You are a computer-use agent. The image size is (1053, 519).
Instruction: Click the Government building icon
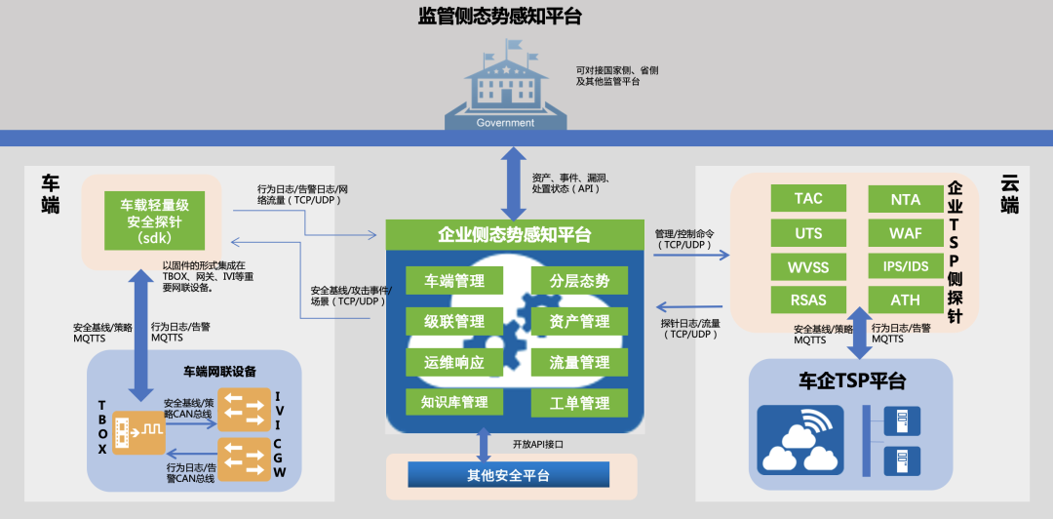point(506,88)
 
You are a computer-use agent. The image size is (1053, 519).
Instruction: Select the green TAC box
point(808,198)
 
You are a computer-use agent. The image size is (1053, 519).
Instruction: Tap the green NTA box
point(905,198)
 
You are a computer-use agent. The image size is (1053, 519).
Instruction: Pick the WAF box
point(905,232)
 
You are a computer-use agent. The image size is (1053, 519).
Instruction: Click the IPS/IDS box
point(905,266)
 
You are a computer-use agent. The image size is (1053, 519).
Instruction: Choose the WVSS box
point(808,266)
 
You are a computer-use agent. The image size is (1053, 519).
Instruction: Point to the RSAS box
point(808,299)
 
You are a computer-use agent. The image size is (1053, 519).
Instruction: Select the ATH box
point(905,299)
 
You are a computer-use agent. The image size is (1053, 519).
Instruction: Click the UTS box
point(808,232)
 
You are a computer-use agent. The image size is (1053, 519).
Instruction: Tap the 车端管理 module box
point(454,281)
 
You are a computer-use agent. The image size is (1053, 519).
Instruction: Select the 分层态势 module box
point(579,281)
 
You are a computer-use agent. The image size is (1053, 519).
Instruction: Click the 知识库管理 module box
point(454,402)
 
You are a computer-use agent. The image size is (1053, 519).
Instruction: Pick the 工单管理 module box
point(579,402)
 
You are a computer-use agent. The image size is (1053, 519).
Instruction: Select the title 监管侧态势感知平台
point(499,17)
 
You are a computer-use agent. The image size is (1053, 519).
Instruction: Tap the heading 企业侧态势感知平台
point(514,235)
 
